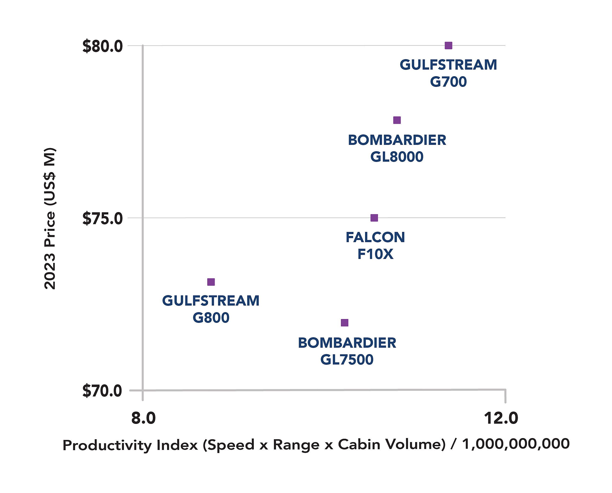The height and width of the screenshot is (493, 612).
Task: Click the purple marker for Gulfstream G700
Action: coord(448,45)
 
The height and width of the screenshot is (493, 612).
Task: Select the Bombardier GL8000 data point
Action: coord(397,120)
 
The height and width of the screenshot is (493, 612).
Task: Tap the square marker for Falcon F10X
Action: coord(374,218)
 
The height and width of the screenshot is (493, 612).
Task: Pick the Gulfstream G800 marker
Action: coord(211,282)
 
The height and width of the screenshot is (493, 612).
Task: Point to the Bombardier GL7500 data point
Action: coord(345,323)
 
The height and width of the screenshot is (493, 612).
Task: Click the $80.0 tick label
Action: coord(102,46)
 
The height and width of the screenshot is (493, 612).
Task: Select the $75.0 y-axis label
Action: coord(102,219)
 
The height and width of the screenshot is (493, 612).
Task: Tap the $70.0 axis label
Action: coord(102,391)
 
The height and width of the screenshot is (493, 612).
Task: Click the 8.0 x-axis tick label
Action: coord(143,418)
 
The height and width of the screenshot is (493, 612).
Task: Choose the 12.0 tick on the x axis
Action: coord(501,418)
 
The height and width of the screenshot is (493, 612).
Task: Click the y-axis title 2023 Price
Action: coord(50,219)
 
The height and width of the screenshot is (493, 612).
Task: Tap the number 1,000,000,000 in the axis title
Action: coord(516,444)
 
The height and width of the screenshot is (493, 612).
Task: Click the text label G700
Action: coord(448,82)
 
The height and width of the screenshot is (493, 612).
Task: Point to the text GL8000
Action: coord(397,157)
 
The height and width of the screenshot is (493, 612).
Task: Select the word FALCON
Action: coord(375,237)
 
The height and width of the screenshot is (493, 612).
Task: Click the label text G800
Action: coord(211,317)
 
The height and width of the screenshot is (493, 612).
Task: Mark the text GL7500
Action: coord(347,360)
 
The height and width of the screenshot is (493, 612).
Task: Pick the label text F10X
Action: coord(375,254)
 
